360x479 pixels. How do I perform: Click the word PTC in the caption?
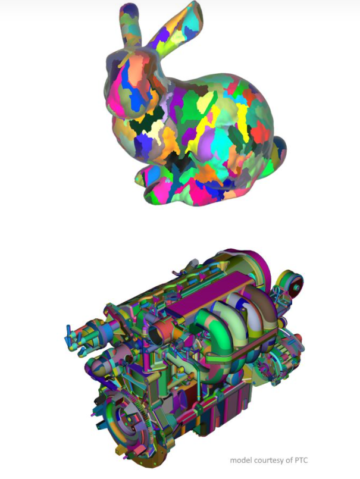click(302, 460)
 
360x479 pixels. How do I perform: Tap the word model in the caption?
click(241, 460)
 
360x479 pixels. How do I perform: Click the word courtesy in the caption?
click(268, 460)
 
